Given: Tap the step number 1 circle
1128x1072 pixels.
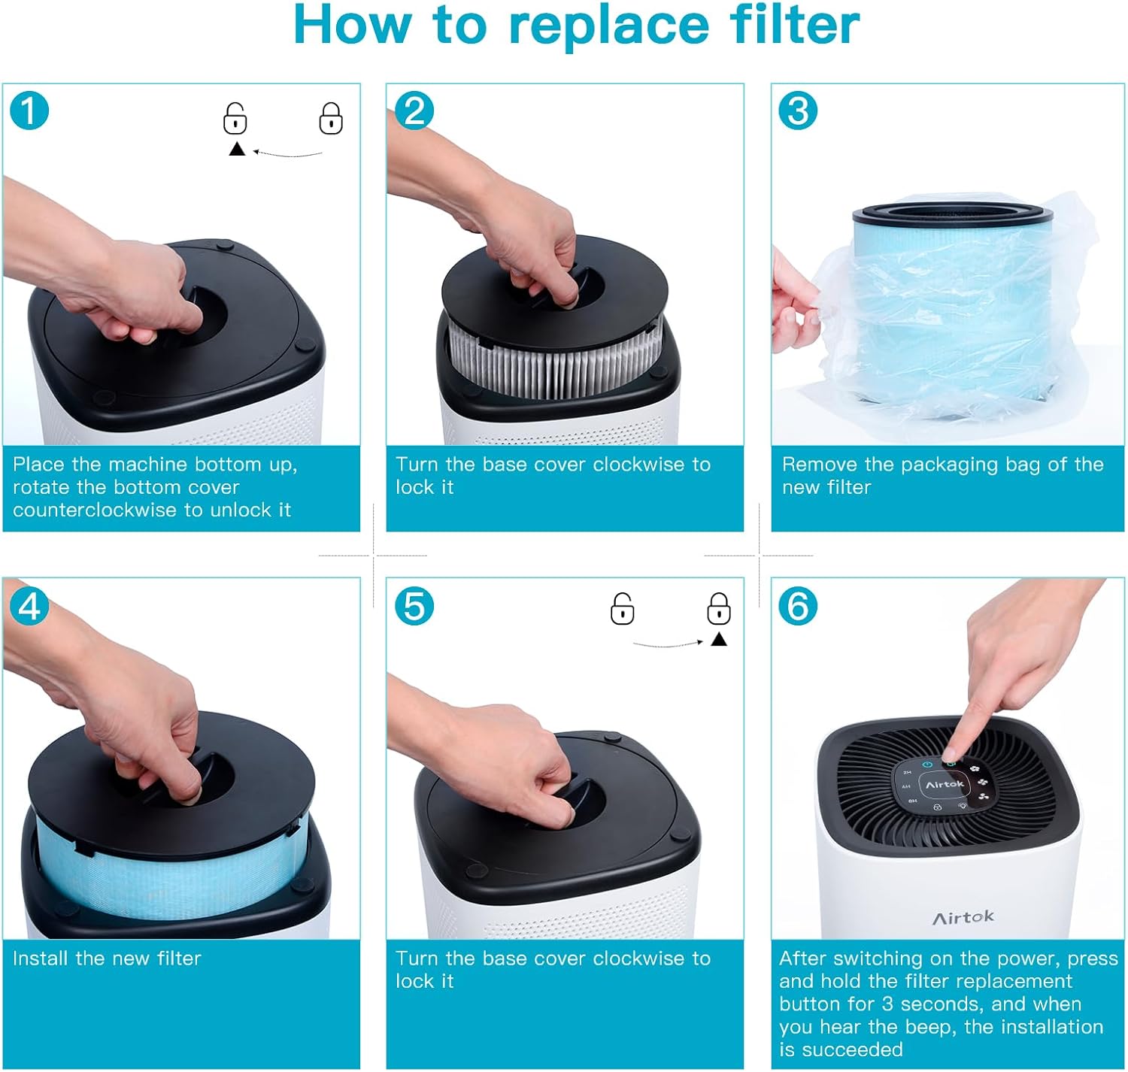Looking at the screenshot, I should (29, 111).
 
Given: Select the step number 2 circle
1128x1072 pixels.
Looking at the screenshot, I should (414, 111).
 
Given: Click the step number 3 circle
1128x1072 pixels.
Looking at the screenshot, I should (798, 111).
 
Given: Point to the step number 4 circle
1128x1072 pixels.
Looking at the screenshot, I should (29, 606).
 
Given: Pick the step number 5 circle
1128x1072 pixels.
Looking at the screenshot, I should (414, 606).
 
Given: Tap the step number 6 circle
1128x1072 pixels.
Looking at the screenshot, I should (798, 606).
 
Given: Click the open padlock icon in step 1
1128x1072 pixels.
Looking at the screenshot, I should (235, 119).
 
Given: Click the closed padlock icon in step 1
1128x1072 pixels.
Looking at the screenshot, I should (331, 119).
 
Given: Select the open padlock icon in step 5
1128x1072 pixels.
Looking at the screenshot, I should (622, 609).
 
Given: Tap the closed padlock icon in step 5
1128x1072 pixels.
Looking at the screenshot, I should (719, 609).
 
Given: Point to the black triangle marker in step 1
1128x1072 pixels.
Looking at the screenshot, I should (237, 150).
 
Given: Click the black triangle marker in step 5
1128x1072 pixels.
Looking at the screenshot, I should (719, 640).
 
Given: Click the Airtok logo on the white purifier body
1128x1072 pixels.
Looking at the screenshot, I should (963, 917).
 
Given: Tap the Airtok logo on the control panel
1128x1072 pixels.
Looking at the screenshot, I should (945, 784).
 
